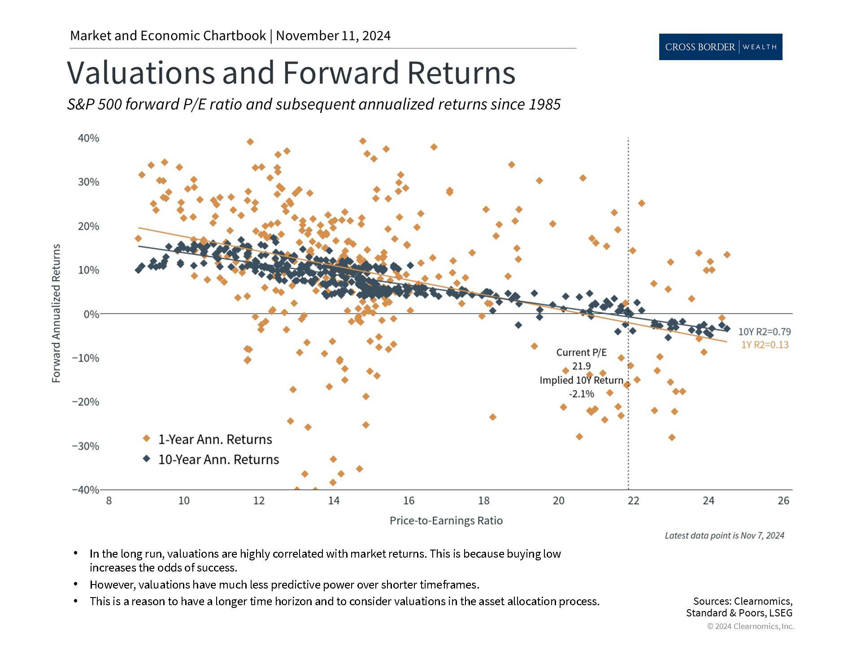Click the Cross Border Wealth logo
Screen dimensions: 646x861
(x=720, y=47)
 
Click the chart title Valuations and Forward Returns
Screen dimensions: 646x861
(x=291, y=72)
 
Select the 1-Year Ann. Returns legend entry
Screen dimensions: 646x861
(x=215, y=439)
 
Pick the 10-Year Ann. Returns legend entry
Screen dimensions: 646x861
(x=218, y=459)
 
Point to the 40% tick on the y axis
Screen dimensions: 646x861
(x=89, y=138)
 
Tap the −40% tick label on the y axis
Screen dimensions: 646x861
(x=86, y=489)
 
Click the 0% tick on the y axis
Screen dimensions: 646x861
(x=91, y=314)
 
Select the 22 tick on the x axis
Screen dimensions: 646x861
(x=633, y=501)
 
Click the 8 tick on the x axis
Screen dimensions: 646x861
(x=109, y=501)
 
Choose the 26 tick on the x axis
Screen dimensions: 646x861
(x=783, y=501)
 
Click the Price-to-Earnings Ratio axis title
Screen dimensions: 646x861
(x=446, y=520)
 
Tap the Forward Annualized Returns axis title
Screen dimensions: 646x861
(x=56, y=313)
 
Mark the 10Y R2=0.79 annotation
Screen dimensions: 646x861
(x=765, y=332)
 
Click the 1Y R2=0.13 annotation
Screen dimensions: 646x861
(x=765, y=345)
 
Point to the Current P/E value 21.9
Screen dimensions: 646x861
(x=581, y=366)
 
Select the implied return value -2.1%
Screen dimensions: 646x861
(x=581, y=394)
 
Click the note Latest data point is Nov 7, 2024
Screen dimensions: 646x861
(x=724, y=535)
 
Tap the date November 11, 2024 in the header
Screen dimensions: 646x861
(x=333, y=36)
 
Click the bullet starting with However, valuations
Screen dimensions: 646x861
(x=284, y=585)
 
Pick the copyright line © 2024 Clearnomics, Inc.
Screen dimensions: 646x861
(x=750, y=626)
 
